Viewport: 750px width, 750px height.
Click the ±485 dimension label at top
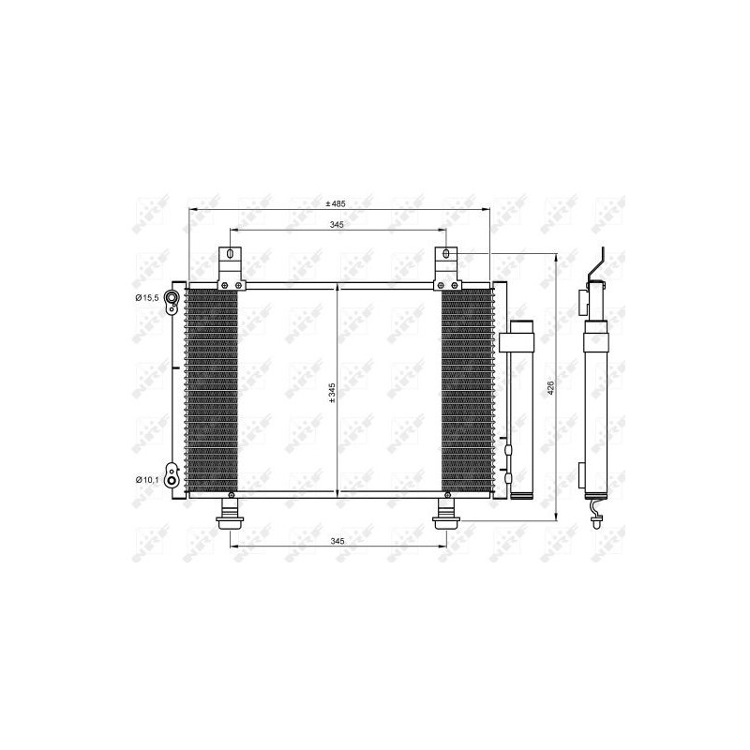(x=337, y=203)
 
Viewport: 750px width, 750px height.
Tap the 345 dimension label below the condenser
(x=337, y=542)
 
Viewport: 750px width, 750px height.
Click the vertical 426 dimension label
(x=551, y=385)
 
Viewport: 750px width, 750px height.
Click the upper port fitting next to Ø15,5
(x=172, y=299)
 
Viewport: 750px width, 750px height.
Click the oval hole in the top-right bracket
(x=446, y=254)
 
